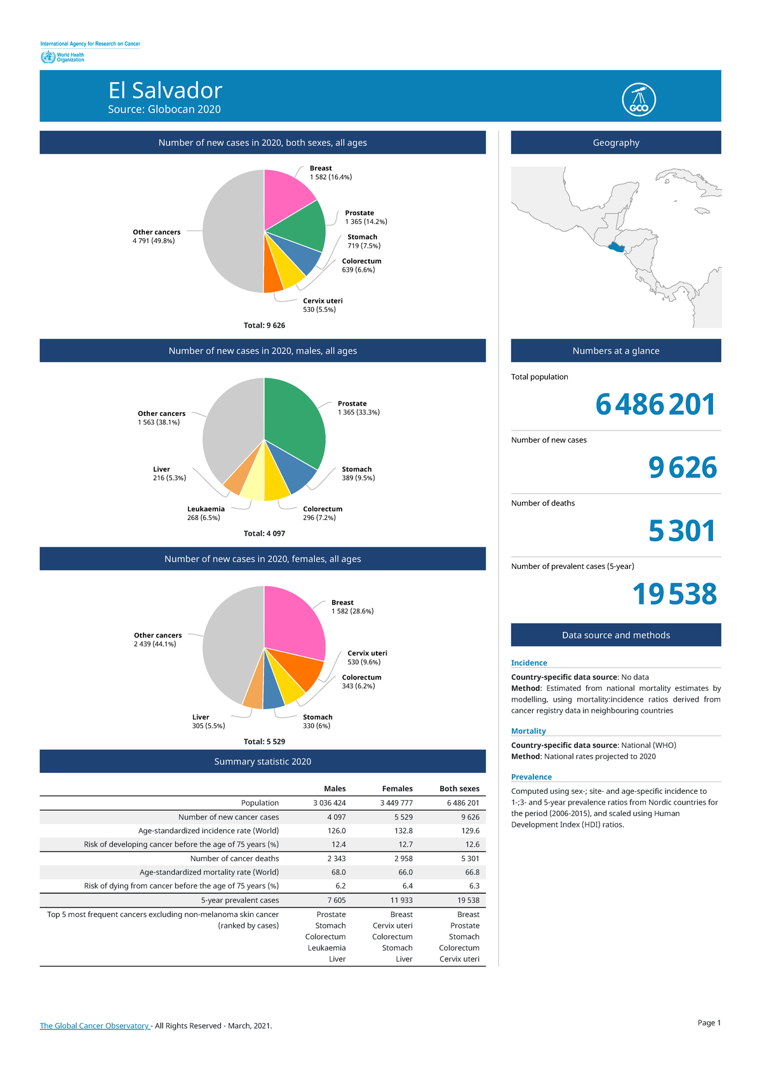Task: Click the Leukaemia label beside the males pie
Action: tap(206, 509)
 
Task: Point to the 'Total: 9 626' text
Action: tap(264, 325)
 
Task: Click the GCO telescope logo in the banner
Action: tap(639, 100)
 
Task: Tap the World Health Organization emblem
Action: tap(48, 57)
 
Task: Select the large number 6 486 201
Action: tap(655, 405)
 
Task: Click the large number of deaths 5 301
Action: tap(682, 531)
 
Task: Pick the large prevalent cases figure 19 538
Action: tap(674, 594)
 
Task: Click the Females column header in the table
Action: tap(397, 789)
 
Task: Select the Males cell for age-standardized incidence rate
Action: tap(337, 831)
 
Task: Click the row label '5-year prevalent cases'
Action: tap(240, 900)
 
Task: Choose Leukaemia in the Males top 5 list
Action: tap(326, 948)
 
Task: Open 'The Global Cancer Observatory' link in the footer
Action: tap(94, 1026)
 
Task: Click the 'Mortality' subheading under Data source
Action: tap(528, 731)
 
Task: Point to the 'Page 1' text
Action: tap(709, 1022)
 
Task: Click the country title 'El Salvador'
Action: tap(165, 90)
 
